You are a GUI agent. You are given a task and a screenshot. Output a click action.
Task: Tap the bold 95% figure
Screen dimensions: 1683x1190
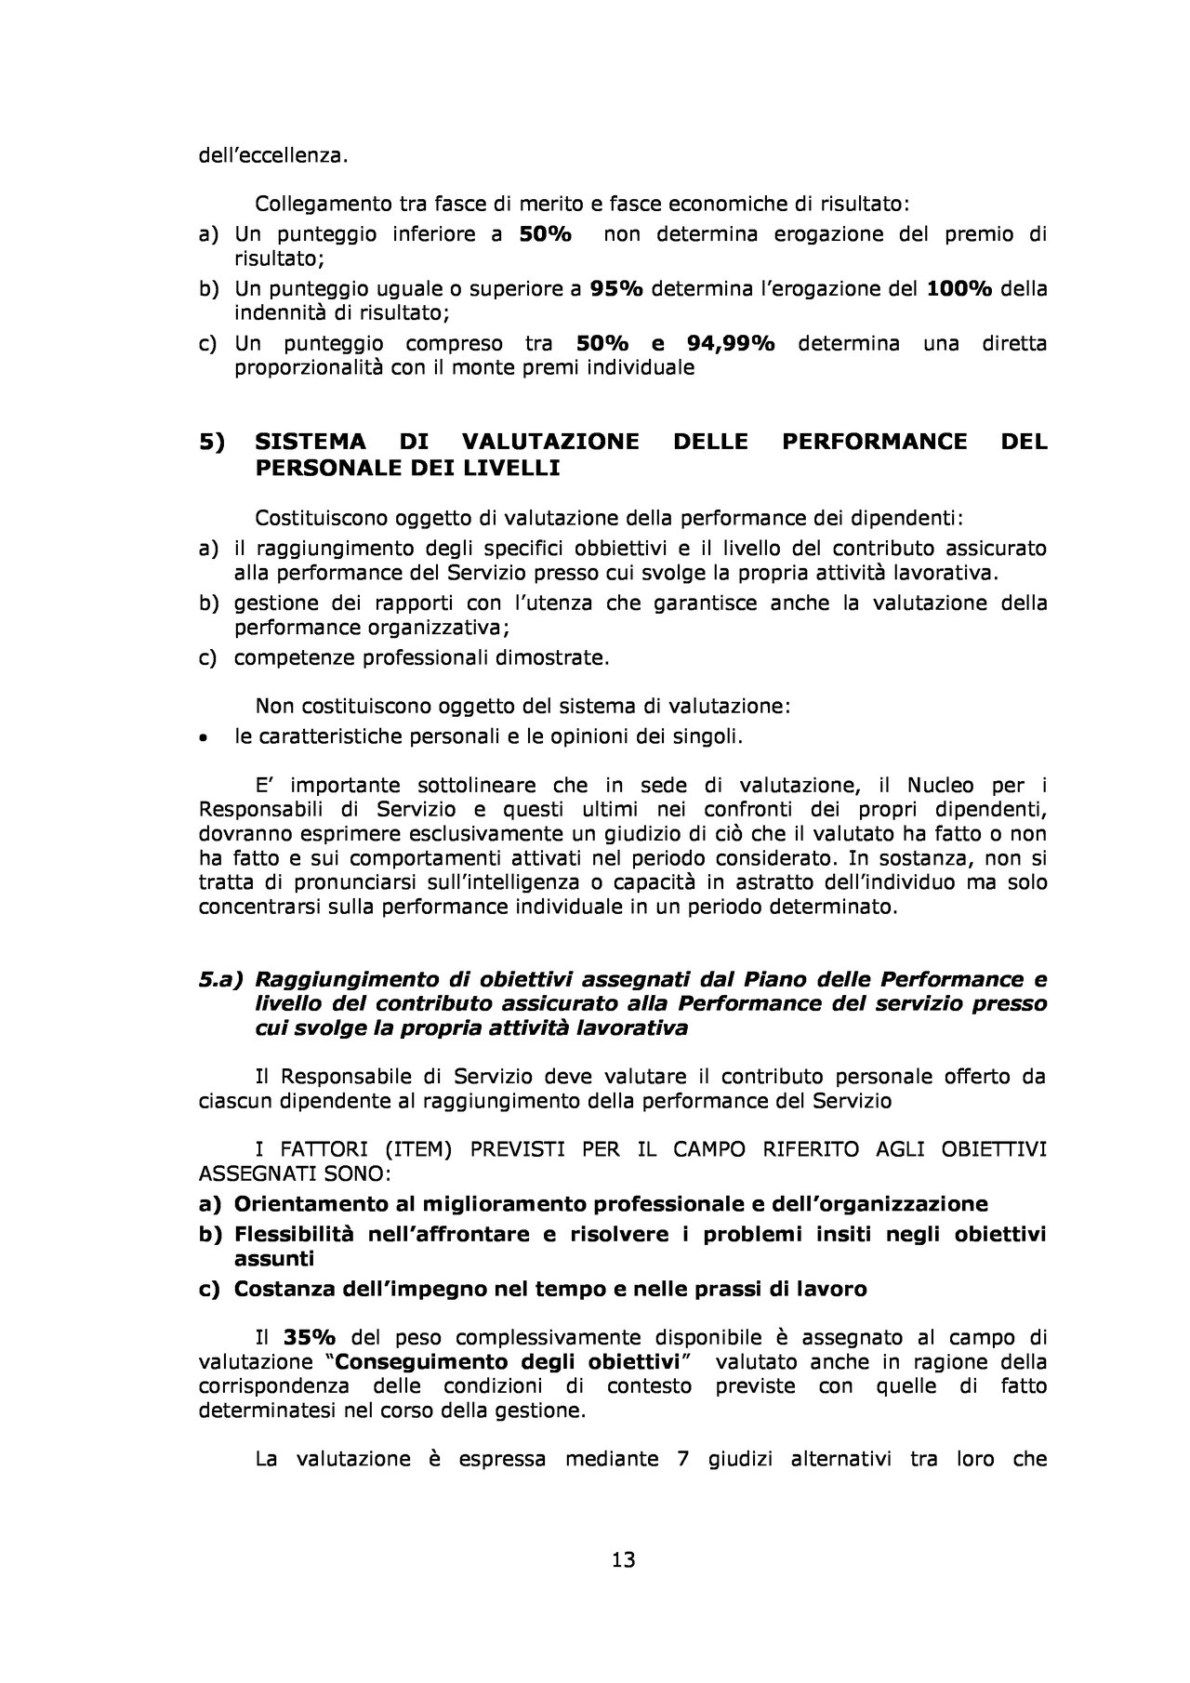click(616, 288)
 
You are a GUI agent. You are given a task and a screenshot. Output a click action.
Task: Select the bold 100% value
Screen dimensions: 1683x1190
click(960, 288)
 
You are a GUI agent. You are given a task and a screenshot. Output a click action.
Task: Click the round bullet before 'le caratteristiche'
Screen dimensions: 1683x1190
click(204, 738)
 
